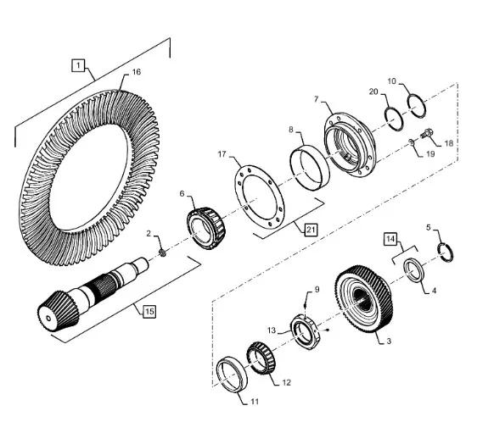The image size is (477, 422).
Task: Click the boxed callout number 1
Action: (x=78, y=65)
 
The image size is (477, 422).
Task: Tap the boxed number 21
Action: (x=311, y=230)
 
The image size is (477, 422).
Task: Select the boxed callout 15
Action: (x=149, y=311)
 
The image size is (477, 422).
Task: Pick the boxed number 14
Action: (x=390, y=239)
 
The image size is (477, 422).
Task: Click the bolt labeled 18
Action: (x=427, y=133)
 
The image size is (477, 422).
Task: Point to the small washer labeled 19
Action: (x=412, y=142)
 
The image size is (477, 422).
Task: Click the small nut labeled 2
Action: (x=162, y=253)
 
